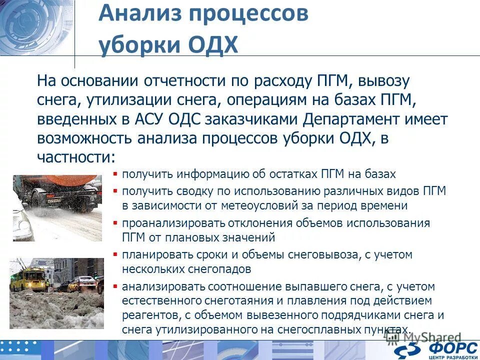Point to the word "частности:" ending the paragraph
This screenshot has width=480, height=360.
76,157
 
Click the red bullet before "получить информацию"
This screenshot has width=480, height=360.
115,174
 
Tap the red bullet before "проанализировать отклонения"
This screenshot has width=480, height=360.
115,222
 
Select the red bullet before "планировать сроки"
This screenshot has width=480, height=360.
115,254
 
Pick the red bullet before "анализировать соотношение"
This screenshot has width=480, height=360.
115,286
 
